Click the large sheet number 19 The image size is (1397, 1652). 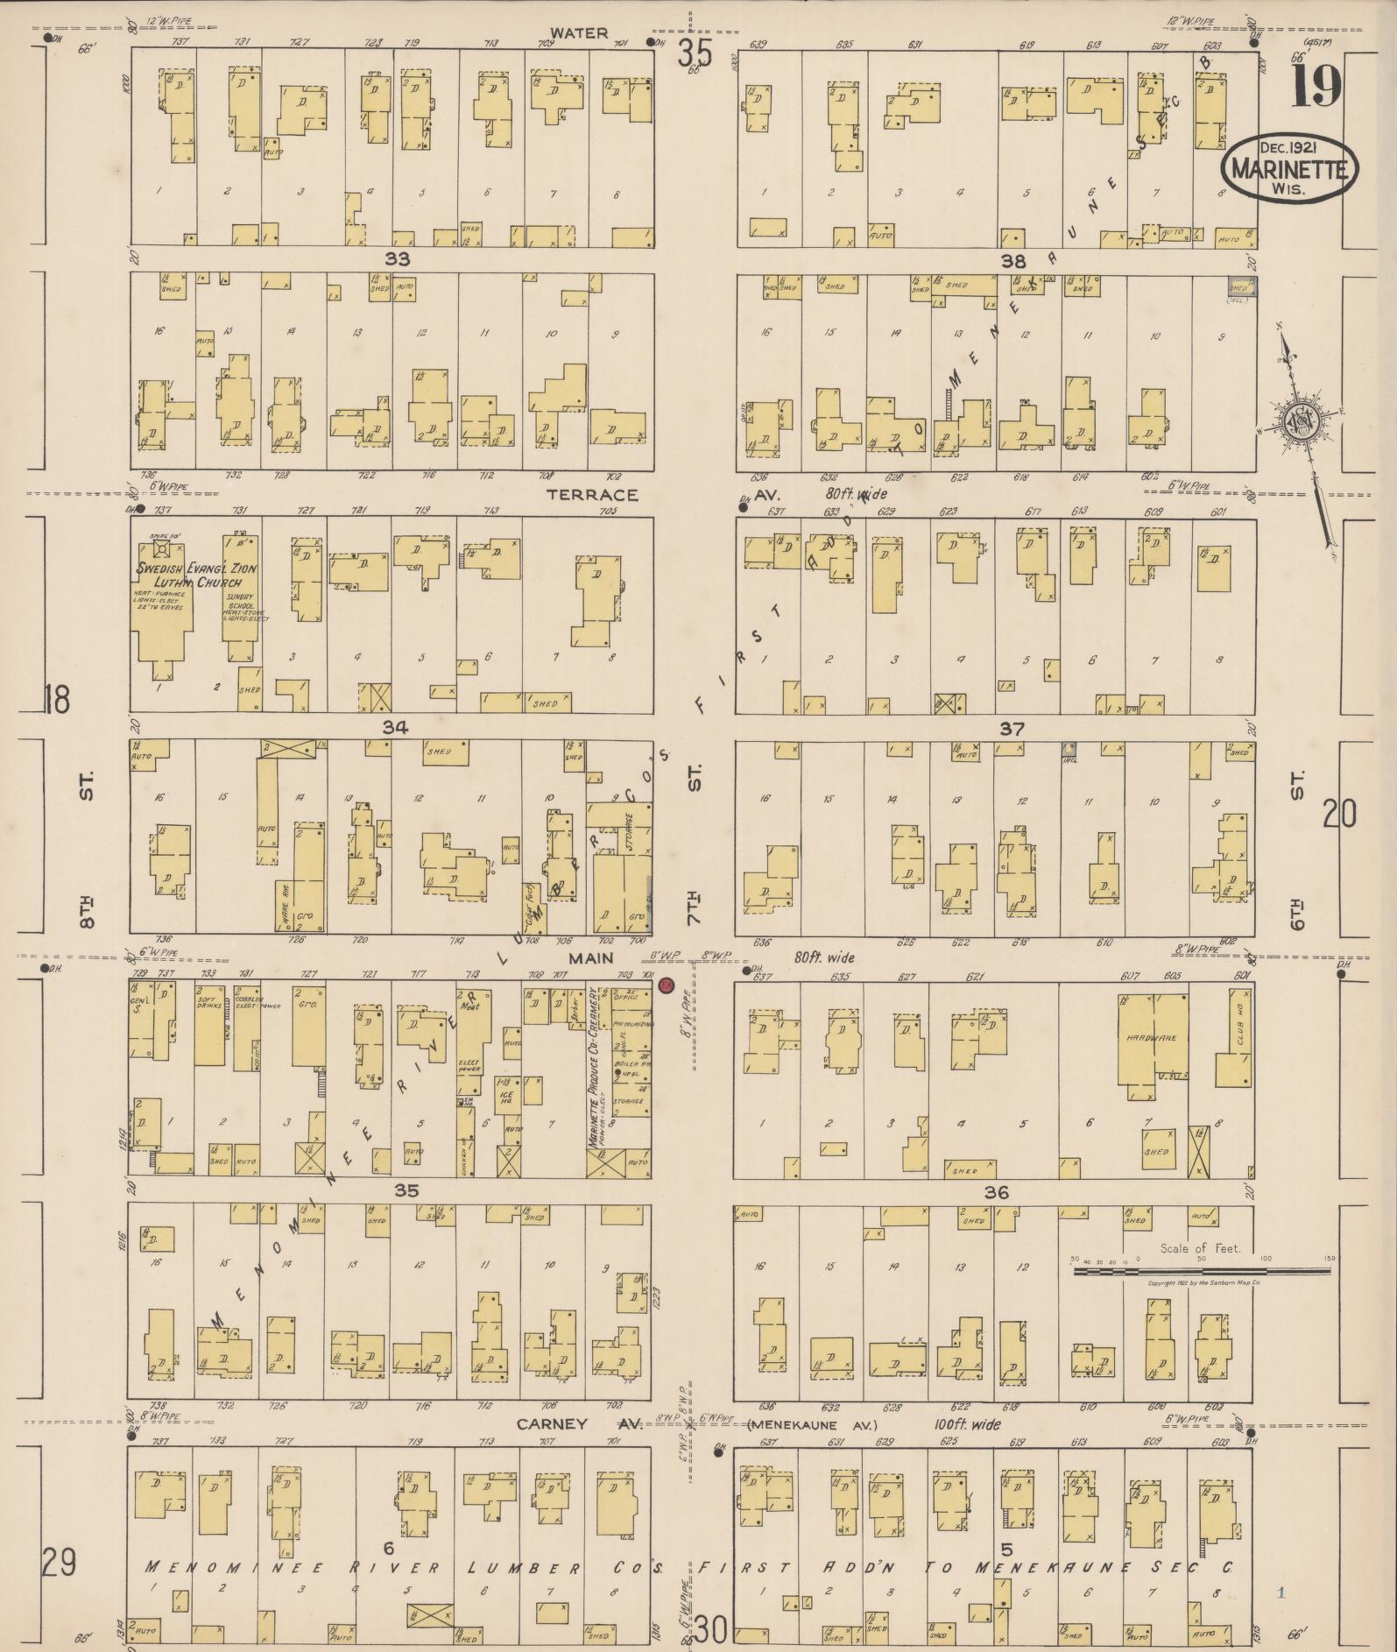coord(1316,86)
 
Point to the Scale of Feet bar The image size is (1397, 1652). coord(1200,1269)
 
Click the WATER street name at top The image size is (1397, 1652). coord(579,33)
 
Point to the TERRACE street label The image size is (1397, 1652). coord(592,495)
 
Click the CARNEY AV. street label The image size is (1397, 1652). coord(579,1424)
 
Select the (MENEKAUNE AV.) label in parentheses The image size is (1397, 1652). coord(812,1426)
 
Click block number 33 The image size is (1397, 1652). coord(397,259)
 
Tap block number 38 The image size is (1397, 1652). coord(1013,260)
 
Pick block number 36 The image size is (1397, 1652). coord(997,1192)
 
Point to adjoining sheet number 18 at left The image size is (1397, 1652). coord(57,700)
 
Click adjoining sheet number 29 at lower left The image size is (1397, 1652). coord(59,1563)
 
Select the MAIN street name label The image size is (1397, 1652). coord(592,958)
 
